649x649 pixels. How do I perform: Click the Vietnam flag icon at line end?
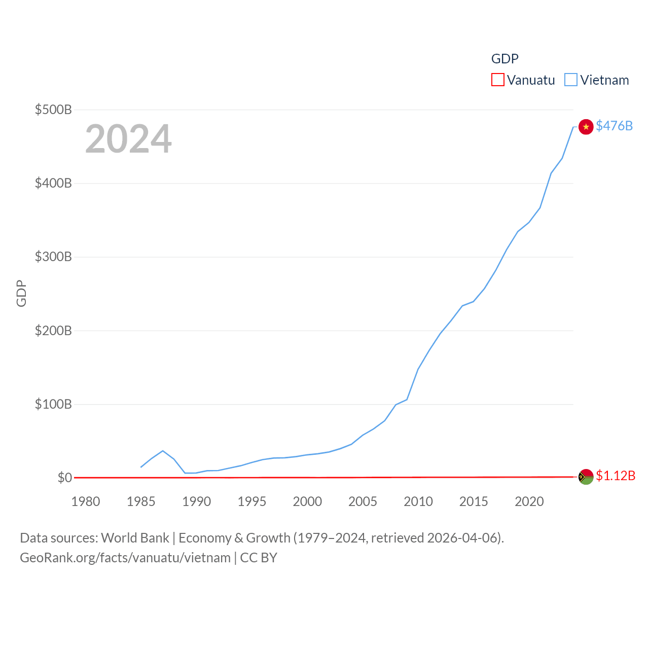pos(586,127)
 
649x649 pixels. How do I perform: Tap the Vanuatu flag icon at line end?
pos(586,477)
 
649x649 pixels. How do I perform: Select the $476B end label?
pos(614,126)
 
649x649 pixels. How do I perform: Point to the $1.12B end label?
pos(616,476)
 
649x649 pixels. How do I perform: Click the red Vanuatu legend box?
pos(498,80)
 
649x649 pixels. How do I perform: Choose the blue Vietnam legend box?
pos(571,80)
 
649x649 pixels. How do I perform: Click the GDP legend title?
pos(504,59)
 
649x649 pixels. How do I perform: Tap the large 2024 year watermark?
pos(128,139)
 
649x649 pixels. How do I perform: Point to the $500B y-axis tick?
pos(53,110)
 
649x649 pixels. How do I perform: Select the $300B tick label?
pos(53,257)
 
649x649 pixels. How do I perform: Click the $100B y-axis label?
pos(53,404)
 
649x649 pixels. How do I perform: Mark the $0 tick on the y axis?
pos(64,478)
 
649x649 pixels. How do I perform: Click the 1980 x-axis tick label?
pos(86,501)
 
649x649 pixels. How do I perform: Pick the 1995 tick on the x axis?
pos(252,501)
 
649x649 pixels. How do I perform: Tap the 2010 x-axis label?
pos(418,501)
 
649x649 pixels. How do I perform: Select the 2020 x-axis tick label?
pos(529,501)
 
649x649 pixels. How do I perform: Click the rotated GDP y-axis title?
pos(21,293)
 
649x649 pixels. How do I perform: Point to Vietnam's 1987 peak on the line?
pos(163,451)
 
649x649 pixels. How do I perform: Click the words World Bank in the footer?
pos(135,537)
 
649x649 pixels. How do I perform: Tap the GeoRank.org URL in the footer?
pos(125,558)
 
